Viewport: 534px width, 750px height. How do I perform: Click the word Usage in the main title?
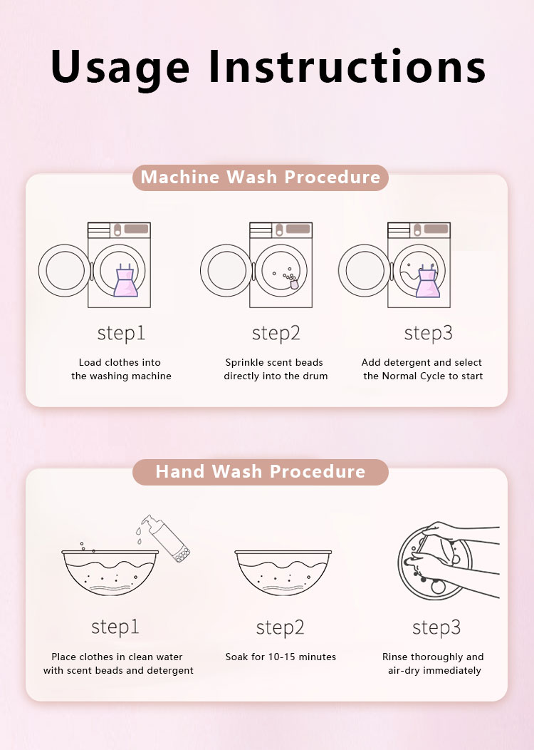point(120,68)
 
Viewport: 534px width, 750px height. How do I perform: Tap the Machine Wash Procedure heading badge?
point(261,178)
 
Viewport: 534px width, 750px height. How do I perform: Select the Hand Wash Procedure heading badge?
point(261,472)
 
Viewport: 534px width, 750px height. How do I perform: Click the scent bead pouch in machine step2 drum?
point(294,284)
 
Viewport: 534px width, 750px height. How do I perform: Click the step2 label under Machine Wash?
point(276,334)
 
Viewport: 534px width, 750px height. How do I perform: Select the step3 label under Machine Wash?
point(428,334)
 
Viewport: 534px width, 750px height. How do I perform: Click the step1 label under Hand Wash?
point(115,627)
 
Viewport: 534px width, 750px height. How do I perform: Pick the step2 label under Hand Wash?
point(280,627)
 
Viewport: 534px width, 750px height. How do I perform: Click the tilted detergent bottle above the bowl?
point(167,538)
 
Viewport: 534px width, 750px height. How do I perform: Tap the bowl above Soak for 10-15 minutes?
point(283,572)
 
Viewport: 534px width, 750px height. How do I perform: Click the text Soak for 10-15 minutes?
point(281,657)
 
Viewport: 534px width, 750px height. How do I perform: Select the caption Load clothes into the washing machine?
point(121,369)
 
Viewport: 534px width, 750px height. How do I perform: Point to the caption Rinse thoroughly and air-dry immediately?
point(433,664)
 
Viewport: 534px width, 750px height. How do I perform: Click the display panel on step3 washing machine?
point(436,229)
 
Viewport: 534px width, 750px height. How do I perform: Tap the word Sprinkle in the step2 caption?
point(244,363)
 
